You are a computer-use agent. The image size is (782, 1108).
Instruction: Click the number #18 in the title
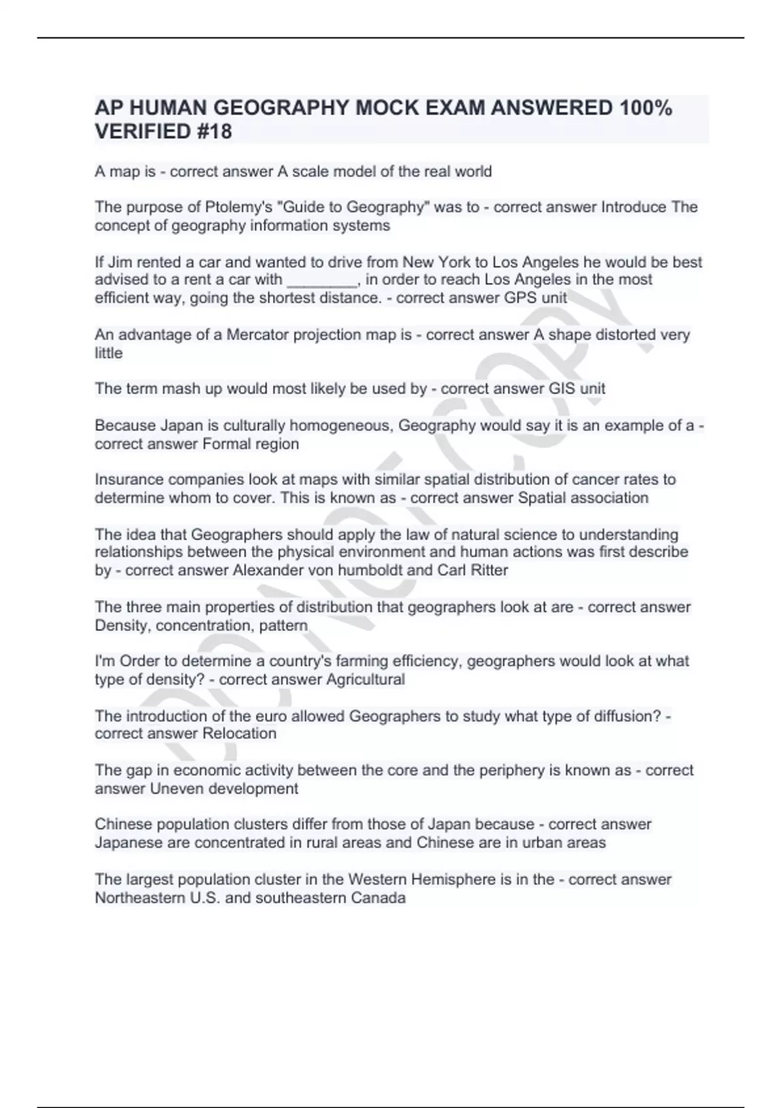[212, 132]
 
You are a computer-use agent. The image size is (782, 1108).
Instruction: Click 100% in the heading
[645, 108]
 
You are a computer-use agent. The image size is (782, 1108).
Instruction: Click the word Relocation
[239, 734]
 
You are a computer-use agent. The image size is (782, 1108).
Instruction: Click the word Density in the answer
[123, 626]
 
